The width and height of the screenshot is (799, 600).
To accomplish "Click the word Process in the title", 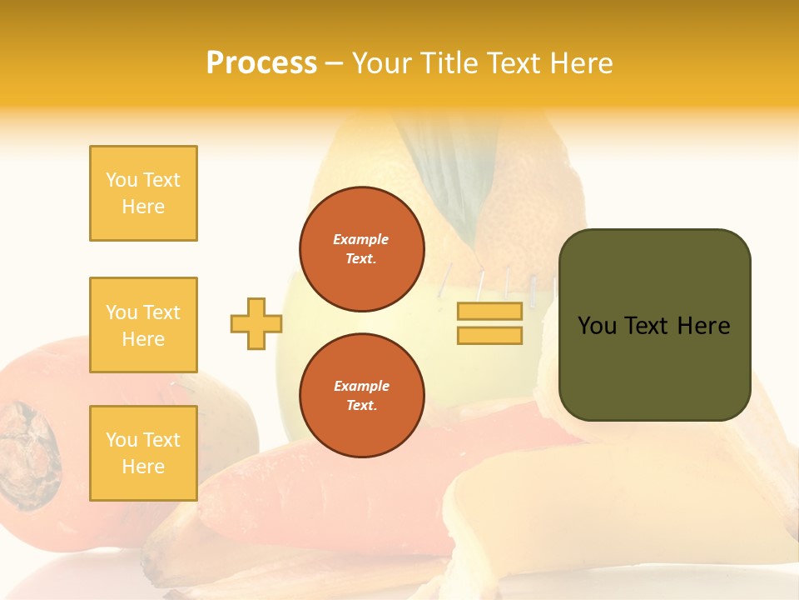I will click(261, 63).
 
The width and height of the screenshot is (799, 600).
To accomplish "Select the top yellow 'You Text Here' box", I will click(143, 193).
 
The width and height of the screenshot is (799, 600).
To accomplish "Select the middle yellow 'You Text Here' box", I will click(143, 325).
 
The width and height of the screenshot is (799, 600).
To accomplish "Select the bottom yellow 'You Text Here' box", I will click(143, 453).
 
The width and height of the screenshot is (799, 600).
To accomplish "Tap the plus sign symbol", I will click(256, 323).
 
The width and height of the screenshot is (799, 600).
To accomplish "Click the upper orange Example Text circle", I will click(362, 249).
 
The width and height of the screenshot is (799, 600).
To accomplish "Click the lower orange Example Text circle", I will click(362, 396).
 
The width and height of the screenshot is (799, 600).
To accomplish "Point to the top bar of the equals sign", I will click(489, 312).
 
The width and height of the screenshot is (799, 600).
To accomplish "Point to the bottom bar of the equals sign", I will click(489, 335).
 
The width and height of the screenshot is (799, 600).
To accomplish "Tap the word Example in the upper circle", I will click(360, 239).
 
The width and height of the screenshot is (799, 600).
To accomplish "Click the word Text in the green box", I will click(647, 326).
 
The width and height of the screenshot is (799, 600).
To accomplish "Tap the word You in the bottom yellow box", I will click(122, 440).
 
